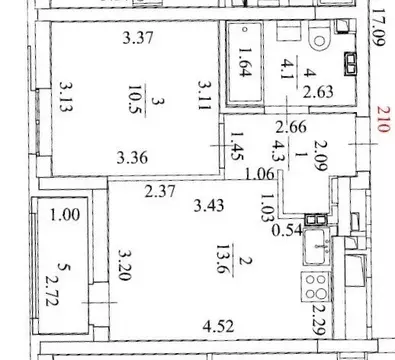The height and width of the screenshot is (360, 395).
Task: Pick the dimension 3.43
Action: [x=211, y=207]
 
